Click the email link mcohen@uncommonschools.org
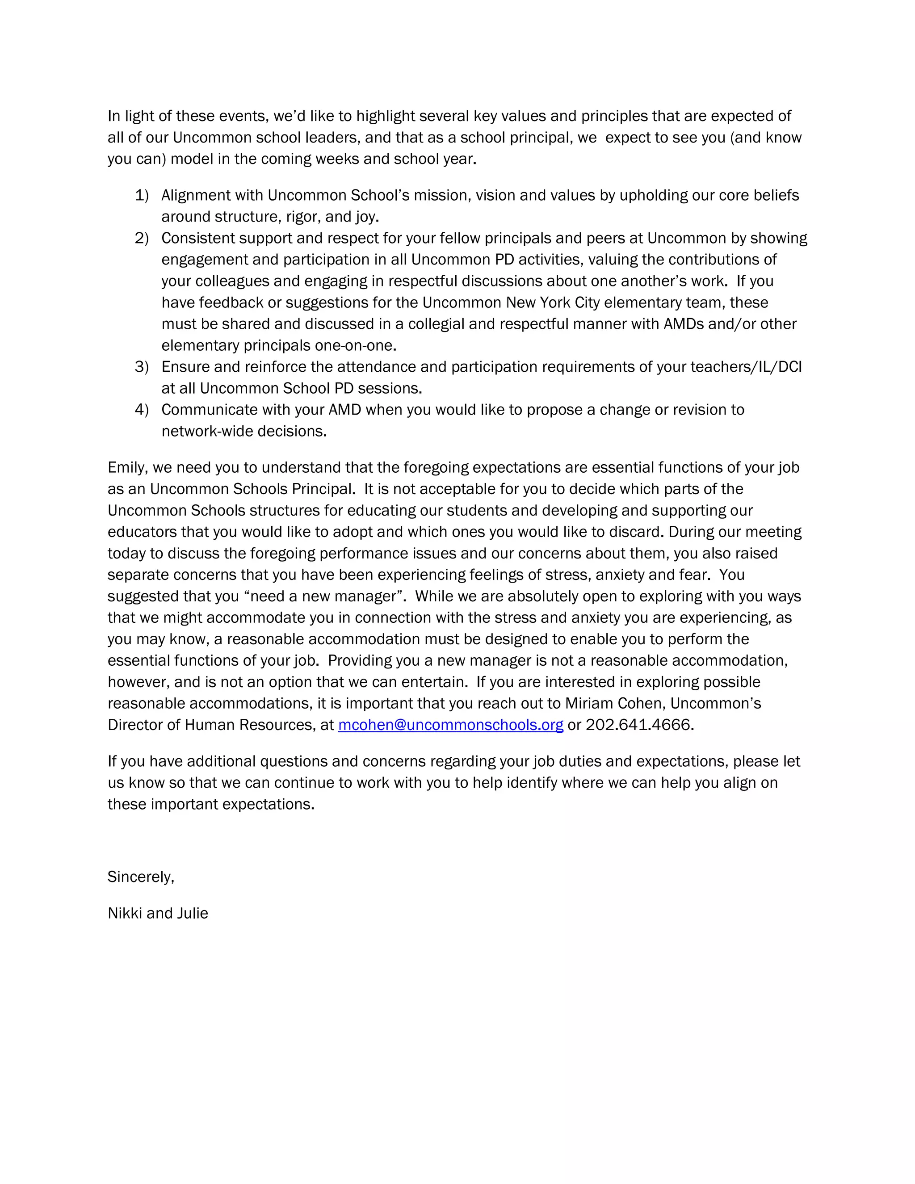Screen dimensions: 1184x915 450,725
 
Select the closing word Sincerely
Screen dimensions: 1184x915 140,877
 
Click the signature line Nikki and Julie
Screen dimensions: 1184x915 158,913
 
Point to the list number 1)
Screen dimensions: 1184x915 142,195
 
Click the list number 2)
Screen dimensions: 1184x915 142,238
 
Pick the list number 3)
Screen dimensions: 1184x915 142,366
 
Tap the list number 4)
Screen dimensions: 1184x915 142,409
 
